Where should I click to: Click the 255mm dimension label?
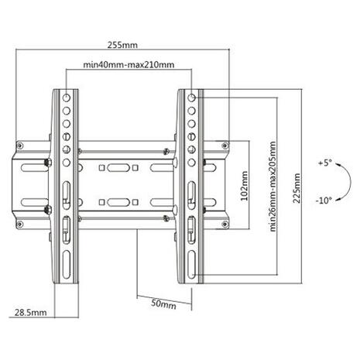[x=122, y=45]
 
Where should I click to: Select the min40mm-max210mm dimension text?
[x=129, y=64]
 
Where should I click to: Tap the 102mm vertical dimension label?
[x=244, y=186]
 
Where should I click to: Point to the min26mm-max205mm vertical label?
[x=273, y=187]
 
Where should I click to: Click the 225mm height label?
[x=297, y=188]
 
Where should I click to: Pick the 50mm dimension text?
[x=163, y=303]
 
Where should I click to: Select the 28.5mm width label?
[x=31, y=313]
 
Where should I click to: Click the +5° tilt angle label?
[x=325, y=163]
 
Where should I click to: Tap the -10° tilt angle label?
[x=324, y=200]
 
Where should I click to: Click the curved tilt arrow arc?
[x=351, y=181]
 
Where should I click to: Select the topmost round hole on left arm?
[x=67, y=98]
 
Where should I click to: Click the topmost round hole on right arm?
[x=191, y=98]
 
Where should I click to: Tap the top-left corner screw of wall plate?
[x=19, y=146]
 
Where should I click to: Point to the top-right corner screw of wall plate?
[x=225, y=146]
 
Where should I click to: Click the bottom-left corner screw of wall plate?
[x=19, y=224]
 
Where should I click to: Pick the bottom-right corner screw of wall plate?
[x=225, y=224]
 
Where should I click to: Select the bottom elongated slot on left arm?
[x=67, y=264]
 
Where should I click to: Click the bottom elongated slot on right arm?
[x=192, y=264]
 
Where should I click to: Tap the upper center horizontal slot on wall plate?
[x=118, y=168]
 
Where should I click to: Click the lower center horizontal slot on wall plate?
[x=118, y=202]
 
